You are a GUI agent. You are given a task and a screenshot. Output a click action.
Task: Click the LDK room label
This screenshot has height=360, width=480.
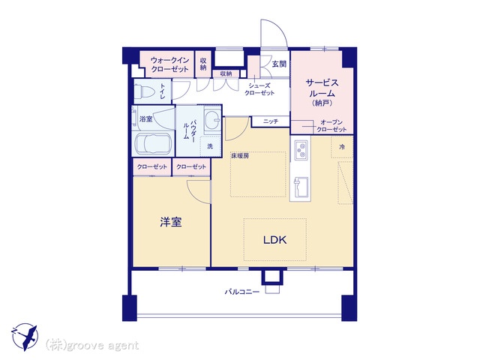click(x=275, y=240)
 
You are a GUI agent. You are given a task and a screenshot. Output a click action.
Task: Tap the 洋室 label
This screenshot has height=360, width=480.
click(x=171, y=222)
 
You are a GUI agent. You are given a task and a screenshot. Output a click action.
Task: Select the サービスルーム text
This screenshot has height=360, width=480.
click(x=322, y=88)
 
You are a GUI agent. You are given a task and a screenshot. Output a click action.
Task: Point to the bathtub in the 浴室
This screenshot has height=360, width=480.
click(x=153, y=144)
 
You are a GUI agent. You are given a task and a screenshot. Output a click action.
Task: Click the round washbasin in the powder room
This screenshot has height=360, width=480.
click(x=212, y=118)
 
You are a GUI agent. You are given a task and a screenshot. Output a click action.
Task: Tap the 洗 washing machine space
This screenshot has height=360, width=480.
click(x=210, y=146)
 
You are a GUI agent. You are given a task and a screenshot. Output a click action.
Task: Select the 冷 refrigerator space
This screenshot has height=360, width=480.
click(x=342, y=147)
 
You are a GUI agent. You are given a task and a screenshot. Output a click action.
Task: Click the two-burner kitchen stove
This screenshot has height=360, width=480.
click(x=301, y=150)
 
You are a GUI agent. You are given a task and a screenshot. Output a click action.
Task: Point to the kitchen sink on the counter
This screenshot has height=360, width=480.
click(x=300, y=187)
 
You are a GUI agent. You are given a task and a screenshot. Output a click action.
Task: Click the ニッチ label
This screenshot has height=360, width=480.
click(x=271, y=121)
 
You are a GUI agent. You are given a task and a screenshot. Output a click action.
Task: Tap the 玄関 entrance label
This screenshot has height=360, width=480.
click(x=279, y=64)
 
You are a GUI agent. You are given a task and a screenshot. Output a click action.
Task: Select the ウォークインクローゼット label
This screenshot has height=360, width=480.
click(x=170, y=64)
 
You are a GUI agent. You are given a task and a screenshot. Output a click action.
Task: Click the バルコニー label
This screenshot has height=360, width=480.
click(x=242, y=292)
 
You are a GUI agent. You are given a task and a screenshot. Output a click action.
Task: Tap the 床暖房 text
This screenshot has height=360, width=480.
click(x=240, y=156)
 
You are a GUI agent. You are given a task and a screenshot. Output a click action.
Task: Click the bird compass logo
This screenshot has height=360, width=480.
click(x=25, y=337)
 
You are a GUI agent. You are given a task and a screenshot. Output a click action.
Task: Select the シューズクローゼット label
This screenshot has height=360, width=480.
click(x=259, y=89)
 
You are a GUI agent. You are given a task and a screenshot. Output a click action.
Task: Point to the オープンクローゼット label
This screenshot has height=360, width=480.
click(x=331, y=126)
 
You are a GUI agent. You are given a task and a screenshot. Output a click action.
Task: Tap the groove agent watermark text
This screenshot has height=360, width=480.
click(x=92, y=346)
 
